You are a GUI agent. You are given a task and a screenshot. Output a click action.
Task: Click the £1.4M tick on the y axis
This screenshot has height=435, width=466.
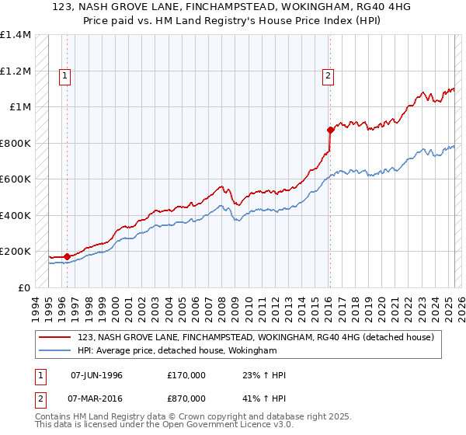(16, 35)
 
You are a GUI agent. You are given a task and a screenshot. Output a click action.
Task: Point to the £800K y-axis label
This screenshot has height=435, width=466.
(16, 143)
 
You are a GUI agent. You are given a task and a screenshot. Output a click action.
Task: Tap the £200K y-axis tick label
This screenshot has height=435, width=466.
(16, 252)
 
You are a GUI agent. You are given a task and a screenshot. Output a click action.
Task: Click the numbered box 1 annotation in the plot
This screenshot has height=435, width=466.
(64, 75)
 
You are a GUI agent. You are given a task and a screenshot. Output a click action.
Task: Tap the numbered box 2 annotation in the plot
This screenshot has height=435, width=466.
(329, 75)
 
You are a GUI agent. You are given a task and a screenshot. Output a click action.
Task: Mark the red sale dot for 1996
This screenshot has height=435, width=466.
(68, 256)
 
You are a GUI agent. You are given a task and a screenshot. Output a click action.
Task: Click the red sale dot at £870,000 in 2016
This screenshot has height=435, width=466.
(330, 130)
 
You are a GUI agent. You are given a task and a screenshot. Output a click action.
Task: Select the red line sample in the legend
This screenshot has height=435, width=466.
(54, 337)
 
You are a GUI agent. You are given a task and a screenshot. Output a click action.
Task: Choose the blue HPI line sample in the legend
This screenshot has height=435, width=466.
(54, 351)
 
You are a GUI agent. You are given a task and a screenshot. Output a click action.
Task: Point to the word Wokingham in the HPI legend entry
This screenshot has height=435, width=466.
(252, 351)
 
